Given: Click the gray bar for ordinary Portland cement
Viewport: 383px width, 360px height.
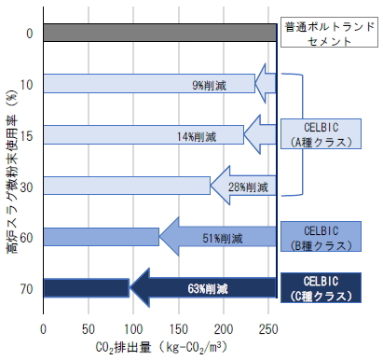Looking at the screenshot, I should tap(158, 34).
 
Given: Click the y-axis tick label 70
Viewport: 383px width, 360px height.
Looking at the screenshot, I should tap(26, 289).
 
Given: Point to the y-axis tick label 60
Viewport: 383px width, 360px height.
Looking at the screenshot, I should tap(26, 238).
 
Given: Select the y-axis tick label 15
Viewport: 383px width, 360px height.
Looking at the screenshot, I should tap(26, 136).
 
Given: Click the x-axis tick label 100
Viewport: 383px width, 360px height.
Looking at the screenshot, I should tap(132, 328).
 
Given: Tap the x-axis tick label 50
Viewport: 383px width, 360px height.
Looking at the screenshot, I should tap(89, 328).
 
